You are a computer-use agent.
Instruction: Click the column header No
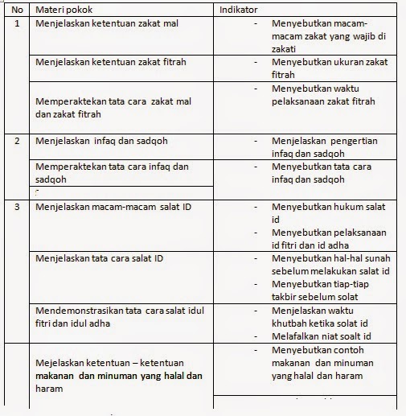tap(18, 9)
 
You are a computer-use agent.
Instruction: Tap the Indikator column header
tap(240, 9)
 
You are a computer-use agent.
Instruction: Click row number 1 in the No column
tap(18, 23)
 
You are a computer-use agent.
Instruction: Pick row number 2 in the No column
tap(18, 142)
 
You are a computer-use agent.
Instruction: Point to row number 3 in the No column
tap(18, 207)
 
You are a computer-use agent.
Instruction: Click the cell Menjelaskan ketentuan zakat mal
tap(108, 23)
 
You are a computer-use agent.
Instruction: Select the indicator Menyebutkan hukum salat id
tap(330, 213)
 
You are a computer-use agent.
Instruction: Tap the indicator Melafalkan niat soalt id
tap(321, 336)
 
